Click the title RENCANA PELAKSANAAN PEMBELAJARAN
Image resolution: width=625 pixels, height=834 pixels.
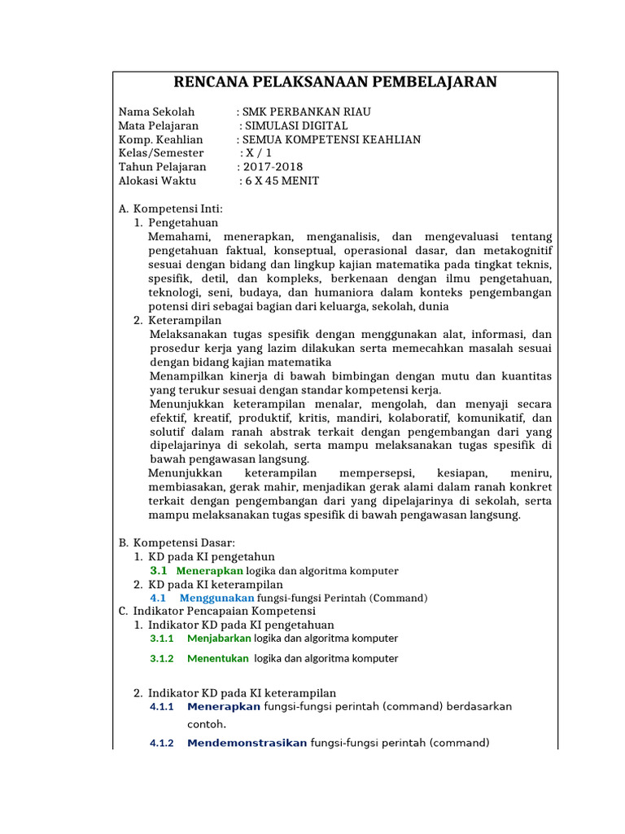[x=335, y=82]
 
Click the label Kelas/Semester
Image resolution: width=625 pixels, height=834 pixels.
[x=161, y=153]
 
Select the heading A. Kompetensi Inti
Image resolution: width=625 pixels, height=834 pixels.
[x=170, y=209]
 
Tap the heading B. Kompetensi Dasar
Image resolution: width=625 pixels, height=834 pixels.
[x=176, y=542]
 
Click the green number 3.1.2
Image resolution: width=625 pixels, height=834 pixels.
[x=162, y=658]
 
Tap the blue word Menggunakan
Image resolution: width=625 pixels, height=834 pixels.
[x=216, y=598]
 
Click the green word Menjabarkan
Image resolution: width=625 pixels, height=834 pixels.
[x=219, y=639]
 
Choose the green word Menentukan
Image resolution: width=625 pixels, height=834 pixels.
[x=219, y=658]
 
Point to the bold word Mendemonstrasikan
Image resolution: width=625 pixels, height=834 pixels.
[x=247, y=743]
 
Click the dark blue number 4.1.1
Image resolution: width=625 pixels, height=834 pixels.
[x=162, y=706]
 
